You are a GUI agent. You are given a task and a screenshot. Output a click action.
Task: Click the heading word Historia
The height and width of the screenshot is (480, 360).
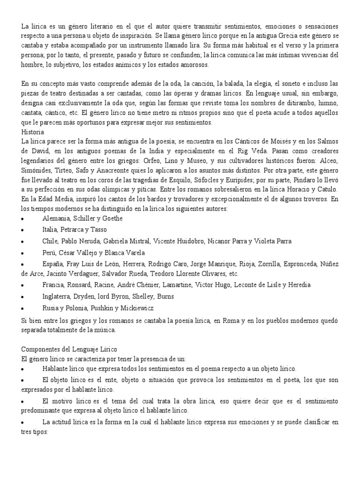pos(33,132)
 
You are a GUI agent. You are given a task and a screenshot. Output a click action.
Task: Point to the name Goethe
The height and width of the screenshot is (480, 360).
pos(112,218)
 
